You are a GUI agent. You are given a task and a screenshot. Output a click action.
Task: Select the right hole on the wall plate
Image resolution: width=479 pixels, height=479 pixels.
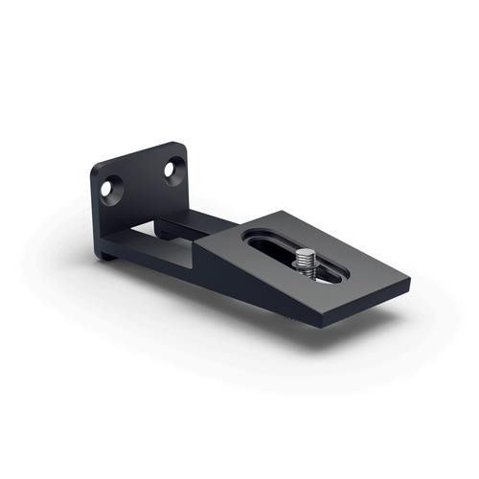coord(171,170)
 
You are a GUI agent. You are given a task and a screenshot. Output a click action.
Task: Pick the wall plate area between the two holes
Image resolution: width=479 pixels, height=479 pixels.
coord(143,182)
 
